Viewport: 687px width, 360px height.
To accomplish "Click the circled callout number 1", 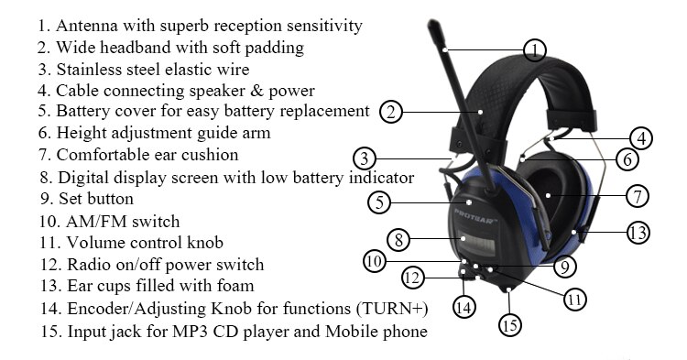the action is pos(535,49).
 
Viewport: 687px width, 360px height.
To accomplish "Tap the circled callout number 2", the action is pos(391,112).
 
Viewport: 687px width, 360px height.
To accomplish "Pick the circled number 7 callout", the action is pos(638,195).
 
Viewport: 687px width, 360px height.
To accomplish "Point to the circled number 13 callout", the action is pos(638,232).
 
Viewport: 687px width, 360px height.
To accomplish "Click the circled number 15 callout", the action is pos(509,324).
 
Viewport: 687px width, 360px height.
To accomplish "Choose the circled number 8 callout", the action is pos(397,241).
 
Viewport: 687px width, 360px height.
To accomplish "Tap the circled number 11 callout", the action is pos(574,298).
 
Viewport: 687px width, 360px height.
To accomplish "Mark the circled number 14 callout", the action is pos(464,307).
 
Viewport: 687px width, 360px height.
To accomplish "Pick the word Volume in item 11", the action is pos(96,243).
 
